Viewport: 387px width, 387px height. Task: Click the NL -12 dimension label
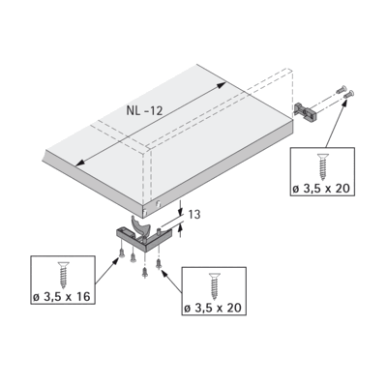coord(144,111)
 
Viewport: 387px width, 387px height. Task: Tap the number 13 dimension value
coord(194,215)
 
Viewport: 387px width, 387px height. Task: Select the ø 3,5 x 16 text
coord(61,296)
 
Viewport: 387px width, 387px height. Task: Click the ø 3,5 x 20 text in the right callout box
coord(321,189)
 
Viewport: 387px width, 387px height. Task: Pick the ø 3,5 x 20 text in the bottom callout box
coord(213,308)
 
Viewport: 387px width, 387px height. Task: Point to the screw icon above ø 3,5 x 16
coord(64,275)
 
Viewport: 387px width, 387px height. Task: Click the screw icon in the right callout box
coord(322,166)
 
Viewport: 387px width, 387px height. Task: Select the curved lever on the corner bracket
coord(140,226)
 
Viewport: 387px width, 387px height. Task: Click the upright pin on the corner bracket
coord(159,231)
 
